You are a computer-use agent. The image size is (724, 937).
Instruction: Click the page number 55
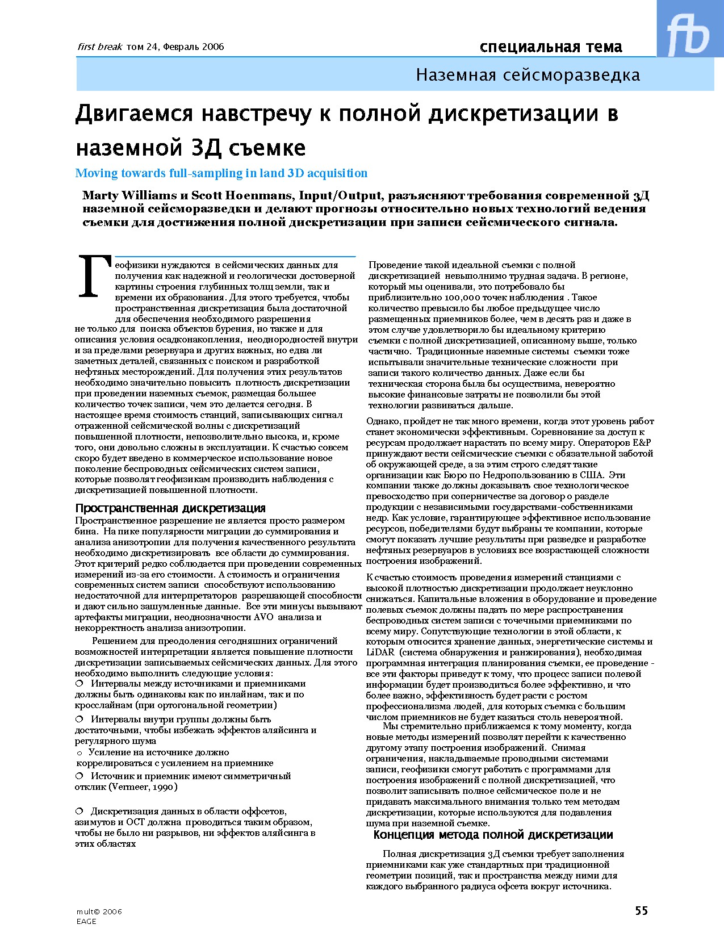[x=641, y=910]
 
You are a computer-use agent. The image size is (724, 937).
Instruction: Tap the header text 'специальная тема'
[x=550, y=47]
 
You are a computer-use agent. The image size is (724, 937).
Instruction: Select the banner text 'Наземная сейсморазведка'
[x=528, y=75]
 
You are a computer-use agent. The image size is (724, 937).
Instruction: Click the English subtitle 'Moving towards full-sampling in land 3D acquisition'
[x=221, y=173]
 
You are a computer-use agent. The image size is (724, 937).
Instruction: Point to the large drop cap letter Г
[x=93, y=277]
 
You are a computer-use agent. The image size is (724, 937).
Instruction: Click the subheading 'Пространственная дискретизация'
[x=170, y=508]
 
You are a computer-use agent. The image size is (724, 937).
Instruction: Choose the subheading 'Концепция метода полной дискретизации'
[x=493, y=835]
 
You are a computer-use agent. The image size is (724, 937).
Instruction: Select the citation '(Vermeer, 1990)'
[x=143, y=787]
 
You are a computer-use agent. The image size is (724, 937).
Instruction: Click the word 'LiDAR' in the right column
[x=380, y=652]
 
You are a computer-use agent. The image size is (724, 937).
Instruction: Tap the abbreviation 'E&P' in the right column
[x=641, y=443]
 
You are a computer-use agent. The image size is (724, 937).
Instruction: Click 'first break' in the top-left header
[x=100, y=47]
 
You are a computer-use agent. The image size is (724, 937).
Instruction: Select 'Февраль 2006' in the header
[x=193, y=47]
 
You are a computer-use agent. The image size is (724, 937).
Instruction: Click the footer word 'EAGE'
[x=86, y=921]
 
